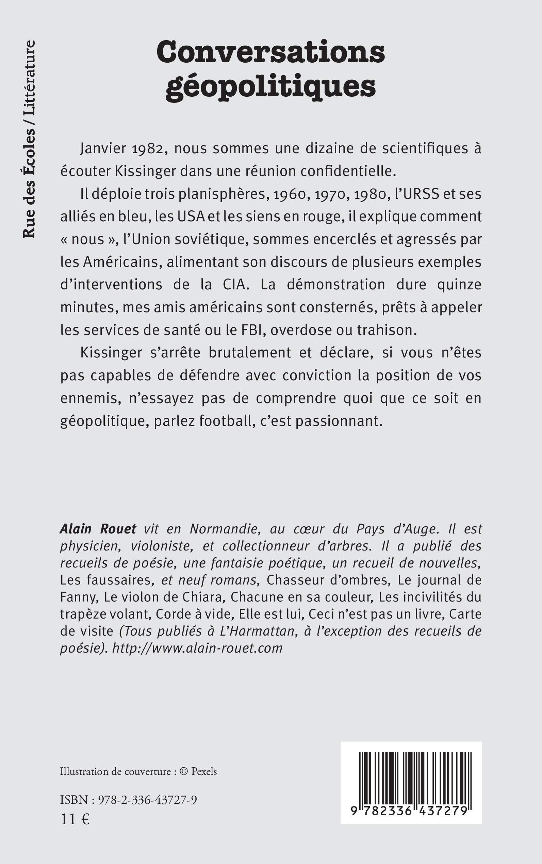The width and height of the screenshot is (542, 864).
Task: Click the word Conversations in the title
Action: (x=270, y=52)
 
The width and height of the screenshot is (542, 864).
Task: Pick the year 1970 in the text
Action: (x=332, y=194)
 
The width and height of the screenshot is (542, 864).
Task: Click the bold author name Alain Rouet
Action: (x=98, y=529)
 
